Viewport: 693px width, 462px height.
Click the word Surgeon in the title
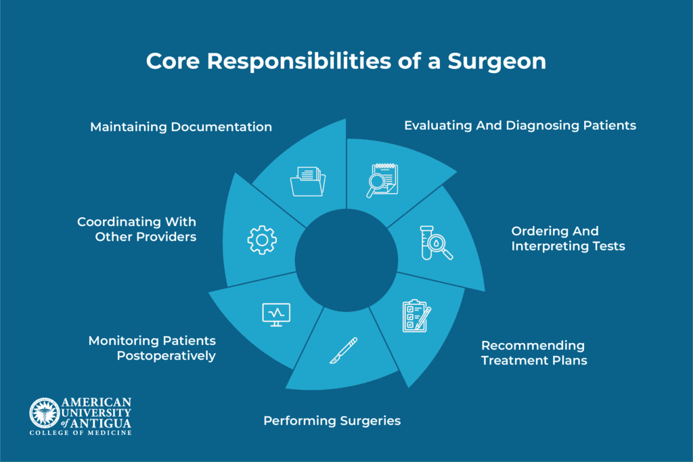point(497,62)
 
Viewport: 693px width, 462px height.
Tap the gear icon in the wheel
point(262,240)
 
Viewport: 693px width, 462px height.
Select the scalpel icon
point(343,350)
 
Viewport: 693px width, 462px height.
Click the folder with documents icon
point(308,181)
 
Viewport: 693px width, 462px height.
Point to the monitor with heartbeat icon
point(276,315)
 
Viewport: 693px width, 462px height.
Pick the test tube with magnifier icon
point(436,243)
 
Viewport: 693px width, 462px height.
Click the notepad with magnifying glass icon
point(382,180)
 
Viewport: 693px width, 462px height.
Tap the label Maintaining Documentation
point(181,127)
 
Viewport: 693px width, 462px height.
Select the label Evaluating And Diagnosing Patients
point(520,126)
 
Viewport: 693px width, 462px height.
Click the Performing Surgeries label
point(332,421)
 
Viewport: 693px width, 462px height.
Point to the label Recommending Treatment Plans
point(534,353)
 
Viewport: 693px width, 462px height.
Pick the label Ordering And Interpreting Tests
point(568,239)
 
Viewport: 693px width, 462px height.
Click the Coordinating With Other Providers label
point(137,229)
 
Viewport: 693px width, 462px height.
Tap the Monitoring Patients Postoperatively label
point(152,348)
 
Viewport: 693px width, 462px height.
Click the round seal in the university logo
point(44,413)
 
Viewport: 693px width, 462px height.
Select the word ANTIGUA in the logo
point(102,423)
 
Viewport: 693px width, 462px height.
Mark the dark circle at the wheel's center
point(346,260)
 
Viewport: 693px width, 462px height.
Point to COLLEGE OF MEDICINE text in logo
point(81,433)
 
